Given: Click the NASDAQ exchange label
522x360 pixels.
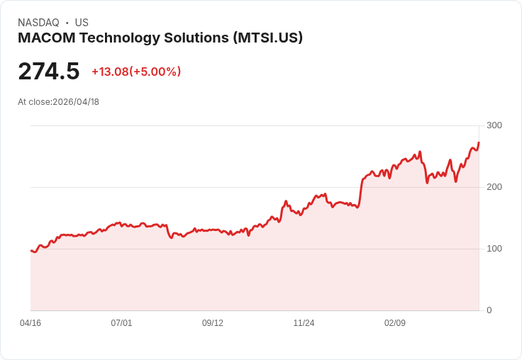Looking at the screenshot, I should coord(38,23).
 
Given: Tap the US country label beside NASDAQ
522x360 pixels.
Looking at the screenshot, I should coord(82,23).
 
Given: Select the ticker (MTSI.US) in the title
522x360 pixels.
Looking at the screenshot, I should coord(268,38).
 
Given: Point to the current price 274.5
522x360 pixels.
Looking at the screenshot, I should coord(49,72).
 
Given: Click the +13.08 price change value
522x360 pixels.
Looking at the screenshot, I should coord(110,72).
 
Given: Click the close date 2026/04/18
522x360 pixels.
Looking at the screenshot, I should coord(76,102).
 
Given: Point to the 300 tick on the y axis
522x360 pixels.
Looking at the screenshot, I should coord(494,125).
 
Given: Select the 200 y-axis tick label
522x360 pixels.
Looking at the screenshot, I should coord(494,187).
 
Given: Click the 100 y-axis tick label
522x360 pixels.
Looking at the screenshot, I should coord(494,249).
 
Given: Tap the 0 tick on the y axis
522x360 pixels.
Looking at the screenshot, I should coord(489,310).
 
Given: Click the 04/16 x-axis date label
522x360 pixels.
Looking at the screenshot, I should coord(30,323).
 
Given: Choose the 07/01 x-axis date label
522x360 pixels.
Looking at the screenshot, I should coord(121,323).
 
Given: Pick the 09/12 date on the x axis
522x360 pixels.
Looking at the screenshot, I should coord(213,323).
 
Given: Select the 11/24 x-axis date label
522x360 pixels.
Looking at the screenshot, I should coord(304,323).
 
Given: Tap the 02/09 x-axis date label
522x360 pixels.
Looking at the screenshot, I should coord(395,323).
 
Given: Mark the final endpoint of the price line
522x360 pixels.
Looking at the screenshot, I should coord(479,143).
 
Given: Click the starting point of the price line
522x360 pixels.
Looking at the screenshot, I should coord(31,251).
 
